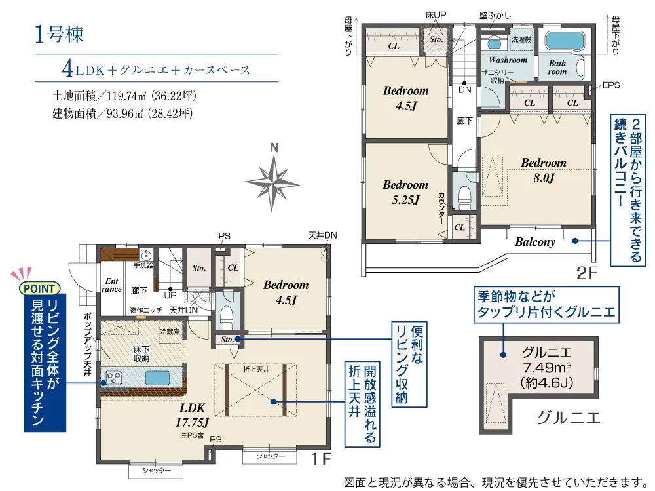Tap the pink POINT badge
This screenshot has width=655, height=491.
click(40, 288)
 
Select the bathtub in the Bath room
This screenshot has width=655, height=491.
click(565, 41)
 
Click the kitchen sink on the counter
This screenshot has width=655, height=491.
click(158, 378)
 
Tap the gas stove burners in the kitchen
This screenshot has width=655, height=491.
click(113, 378)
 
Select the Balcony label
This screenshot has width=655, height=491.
click(534, 242)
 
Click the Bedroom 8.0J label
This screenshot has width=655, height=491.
click(544, 170)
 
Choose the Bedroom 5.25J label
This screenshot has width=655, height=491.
click(405, 192)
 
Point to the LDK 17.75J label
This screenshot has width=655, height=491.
click(192, 415)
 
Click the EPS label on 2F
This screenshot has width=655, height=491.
click(610, 85)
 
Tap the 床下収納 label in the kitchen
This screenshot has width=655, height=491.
click(141, 354)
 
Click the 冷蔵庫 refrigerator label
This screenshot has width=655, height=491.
click(170, 332)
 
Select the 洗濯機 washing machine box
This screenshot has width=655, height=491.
click(521, 40)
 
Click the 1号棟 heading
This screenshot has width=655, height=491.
click(59, 34)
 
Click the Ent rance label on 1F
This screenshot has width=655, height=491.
click(111, 285)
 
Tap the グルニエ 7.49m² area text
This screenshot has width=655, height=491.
click(547, 367)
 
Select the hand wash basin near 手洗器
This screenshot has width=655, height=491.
click(147, 256)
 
